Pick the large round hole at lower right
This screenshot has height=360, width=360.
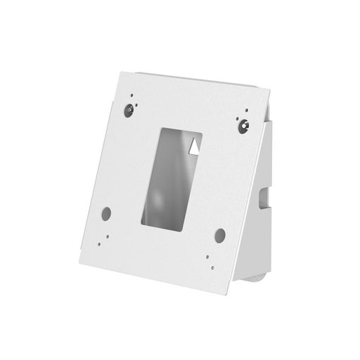(219, 233)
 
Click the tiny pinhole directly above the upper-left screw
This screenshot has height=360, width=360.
(130, 94)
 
